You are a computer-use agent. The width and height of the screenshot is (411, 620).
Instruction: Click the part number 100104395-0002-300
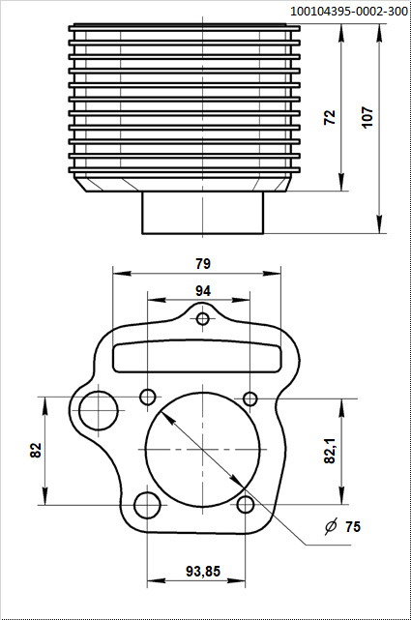(347, 11)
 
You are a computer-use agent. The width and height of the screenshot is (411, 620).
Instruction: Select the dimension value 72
(330, 117)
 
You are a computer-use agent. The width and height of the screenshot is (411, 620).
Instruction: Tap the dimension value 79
(202, 263)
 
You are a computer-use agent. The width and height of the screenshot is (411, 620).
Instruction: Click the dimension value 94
(203, 290)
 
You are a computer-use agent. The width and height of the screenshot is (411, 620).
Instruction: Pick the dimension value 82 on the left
(36, 451)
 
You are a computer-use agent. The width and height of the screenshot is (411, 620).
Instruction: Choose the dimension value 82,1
(330, 451)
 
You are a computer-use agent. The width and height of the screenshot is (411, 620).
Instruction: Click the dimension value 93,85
(202, 572)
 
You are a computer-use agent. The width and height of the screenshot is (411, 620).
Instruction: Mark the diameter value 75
(353, 526)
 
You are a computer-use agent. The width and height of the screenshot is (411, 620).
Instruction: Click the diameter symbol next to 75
(331, 526)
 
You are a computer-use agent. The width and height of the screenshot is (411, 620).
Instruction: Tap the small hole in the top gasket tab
(203, 319)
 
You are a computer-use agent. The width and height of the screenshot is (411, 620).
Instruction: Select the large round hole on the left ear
(99, 410)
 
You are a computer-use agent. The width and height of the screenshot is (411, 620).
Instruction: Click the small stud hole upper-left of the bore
(148, 397)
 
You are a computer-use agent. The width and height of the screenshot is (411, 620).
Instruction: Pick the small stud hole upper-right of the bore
(250, 399)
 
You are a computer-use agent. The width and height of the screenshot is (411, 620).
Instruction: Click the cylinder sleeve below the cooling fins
(203, 213)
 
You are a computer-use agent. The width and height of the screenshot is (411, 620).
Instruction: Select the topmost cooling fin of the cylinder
(184, 27)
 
